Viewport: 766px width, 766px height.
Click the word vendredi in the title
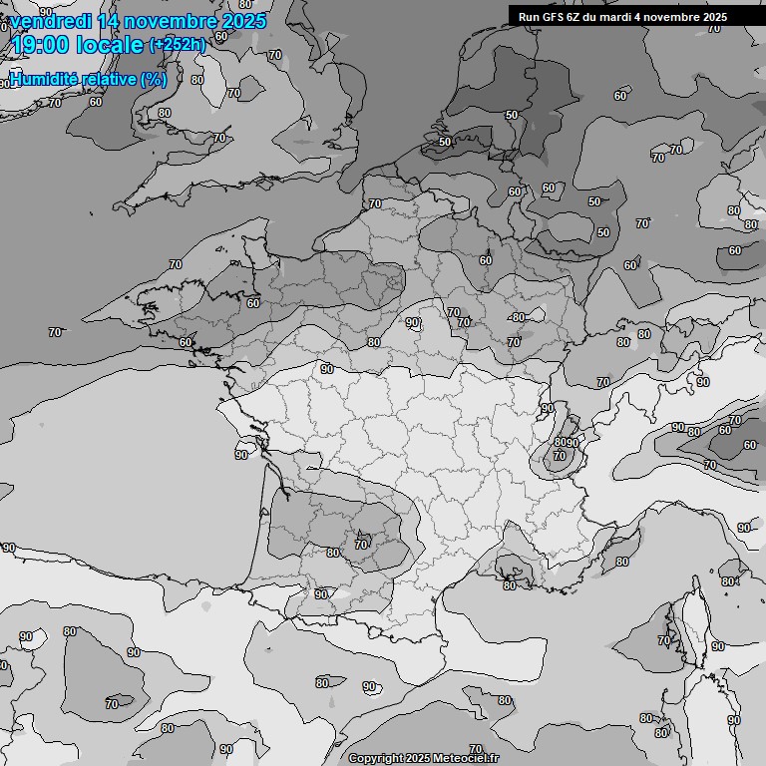point(49,21)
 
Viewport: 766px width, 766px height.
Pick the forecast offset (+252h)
point(178,45)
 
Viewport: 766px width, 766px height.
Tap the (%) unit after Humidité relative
point(154,79)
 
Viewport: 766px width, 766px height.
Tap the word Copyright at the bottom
point(376,759)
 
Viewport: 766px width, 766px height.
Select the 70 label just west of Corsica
point(664,639)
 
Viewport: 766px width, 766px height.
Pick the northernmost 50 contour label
point(512,116)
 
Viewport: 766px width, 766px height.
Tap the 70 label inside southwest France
point(361,545)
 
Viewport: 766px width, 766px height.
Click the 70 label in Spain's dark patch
point(112,704)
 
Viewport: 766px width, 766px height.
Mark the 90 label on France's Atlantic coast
point(241,455)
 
